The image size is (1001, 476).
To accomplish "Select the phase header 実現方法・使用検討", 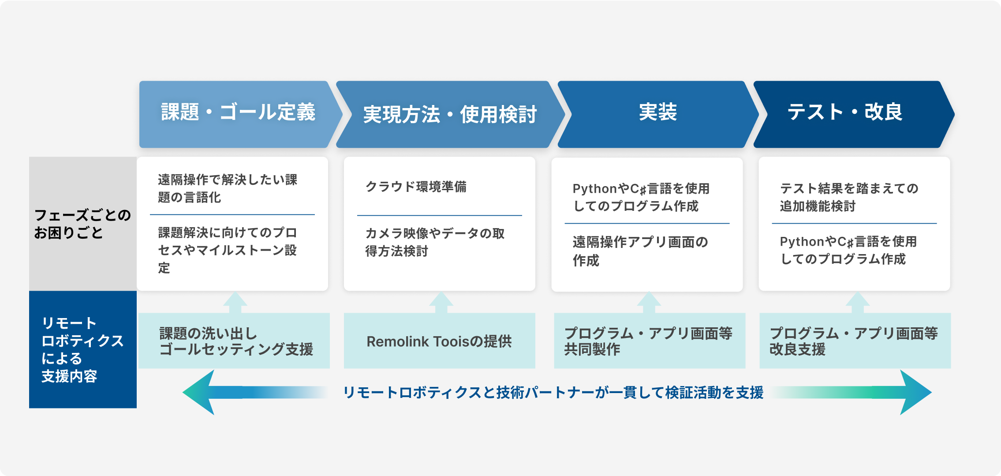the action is pos(450,114).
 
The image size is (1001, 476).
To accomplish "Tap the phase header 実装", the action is pos(658,114).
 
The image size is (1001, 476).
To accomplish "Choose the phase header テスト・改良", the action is pos(854,114).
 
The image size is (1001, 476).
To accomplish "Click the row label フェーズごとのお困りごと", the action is pos(83,224).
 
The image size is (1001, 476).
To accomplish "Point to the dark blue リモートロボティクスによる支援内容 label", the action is pos(83,349).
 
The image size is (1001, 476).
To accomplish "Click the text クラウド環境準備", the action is pos(416,187).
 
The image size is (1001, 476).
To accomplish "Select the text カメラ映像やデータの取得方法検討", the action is pos(435,242).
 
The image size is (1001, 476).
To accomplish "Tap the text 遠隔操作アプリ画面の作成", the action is pos(640,251).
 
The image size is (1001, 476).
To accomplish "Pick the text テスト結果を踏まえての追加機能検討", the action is pos(849,197).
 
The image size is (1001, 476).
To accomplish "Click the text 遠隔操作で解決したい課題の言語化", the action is pos(228,188).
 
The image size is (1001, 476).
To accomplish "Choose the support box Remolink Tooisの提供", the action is pos(440,341).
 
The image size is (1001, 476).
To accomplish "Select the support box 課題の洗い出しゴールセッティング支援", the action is pos(234,341).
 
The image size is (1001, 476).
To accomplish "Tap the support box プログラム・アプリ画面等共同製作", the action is pos(650,341).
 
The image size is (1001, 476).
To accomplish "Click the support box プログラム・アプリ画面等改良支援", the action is pos(855,341).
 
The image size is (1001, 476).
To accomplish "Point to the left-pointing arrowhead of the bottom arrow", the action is pos(198,392).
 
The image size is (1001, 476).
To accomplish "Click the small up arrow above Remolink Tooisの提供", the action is pos(441,303).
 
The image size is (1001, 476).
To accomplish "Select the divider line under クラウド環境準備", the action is pos(440,215).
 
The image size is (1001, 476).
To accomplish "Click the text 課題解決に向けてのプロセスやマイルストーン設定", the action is pos(228,250).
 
